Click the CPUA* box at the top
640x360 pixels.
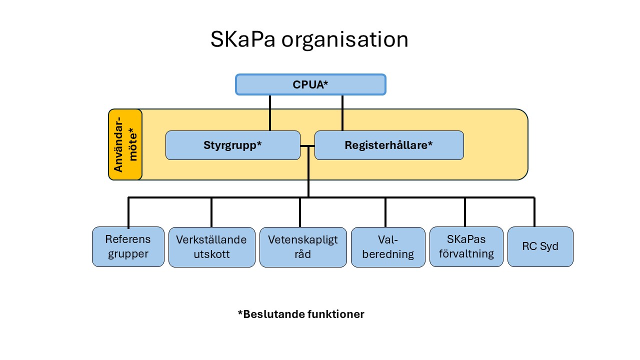pyautogui.click(x=310, y=84)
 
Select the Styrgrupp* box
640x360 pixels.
pyautogui.click(x=232, y=145)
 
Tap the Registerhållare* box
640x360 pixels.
pyautogui.click(x=388, y=145)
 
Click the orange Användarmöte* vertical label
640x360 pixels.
pyautogui.click(x=125, y=144)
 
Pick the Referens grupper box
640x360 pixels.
pyautogui.click(x=128, y=246)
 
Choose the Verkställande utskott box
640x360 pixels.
pyautogui.click(x=211, y=247)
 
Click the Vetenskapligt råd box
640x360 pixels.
pyautogui.click(x=303, y=247)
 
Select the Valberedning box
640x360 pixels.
pyautogui.click(x=388, y=247)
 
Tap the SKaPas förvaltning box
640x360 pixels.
pyautogui.click(x=466, y=246)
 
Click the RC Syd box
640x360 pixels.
pyautogui.click(x=540, y=246)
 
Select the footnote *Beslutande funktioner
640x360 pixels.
pyautogui.click(x=301, y=314)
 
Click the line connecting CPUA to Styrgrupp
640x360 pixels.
pyautogui.click(x=270, y=112)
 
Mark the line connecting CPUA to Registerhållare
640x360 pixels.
pyautogui.click(x=342, y=112)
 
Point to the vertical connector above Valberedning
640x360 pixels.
pyautogui.click(x=385, y=212)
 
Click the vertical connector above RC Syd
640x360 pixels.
pyautogui.click(x=534, y=212)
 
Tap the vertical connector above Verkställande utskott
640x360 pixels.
pyautogui.click(x=211, y=212)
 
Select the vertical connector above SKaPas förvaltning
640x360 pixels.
pyautogui.click(x=465, y=212)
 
